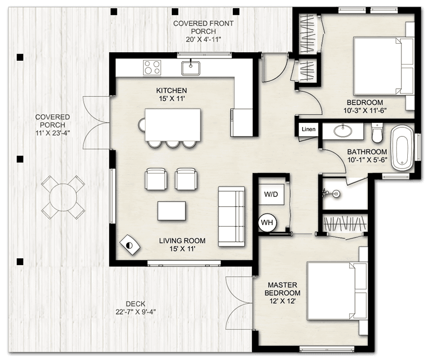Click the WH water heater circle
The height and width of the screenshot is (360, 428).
267,223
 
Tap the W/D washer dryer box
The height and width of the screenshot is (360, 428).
272,194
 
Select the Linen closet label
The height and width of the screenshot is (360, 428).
308,129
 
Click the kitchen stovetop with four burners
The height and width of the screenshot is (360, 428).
152,67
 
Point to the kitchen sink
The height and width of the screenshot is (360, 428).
191,68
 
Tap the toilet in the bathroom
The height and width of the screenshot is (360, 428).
377,133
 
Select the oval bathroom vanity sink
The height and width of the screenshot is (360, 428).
343,130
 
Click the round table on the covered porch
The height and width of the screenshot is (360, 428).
63,197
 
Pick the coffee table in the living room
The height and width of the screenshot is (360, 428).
172,211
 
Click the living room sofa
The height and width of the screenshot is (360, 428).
231,216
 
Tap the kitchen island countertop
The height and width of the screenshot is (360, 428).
173,125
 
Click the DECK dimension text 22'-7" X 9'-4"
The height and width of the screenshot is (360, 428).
136,312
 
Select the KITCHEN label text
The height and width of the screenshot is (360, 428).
172,90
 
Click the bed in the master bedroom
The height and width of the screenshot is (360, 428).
337,291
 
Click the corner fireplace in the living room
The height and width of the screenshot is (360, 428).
130,245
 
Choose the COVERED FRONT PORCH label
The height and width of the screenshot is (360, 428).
204,27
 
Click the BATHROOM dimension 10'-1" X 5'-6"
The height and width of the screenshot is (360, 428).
367,160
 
